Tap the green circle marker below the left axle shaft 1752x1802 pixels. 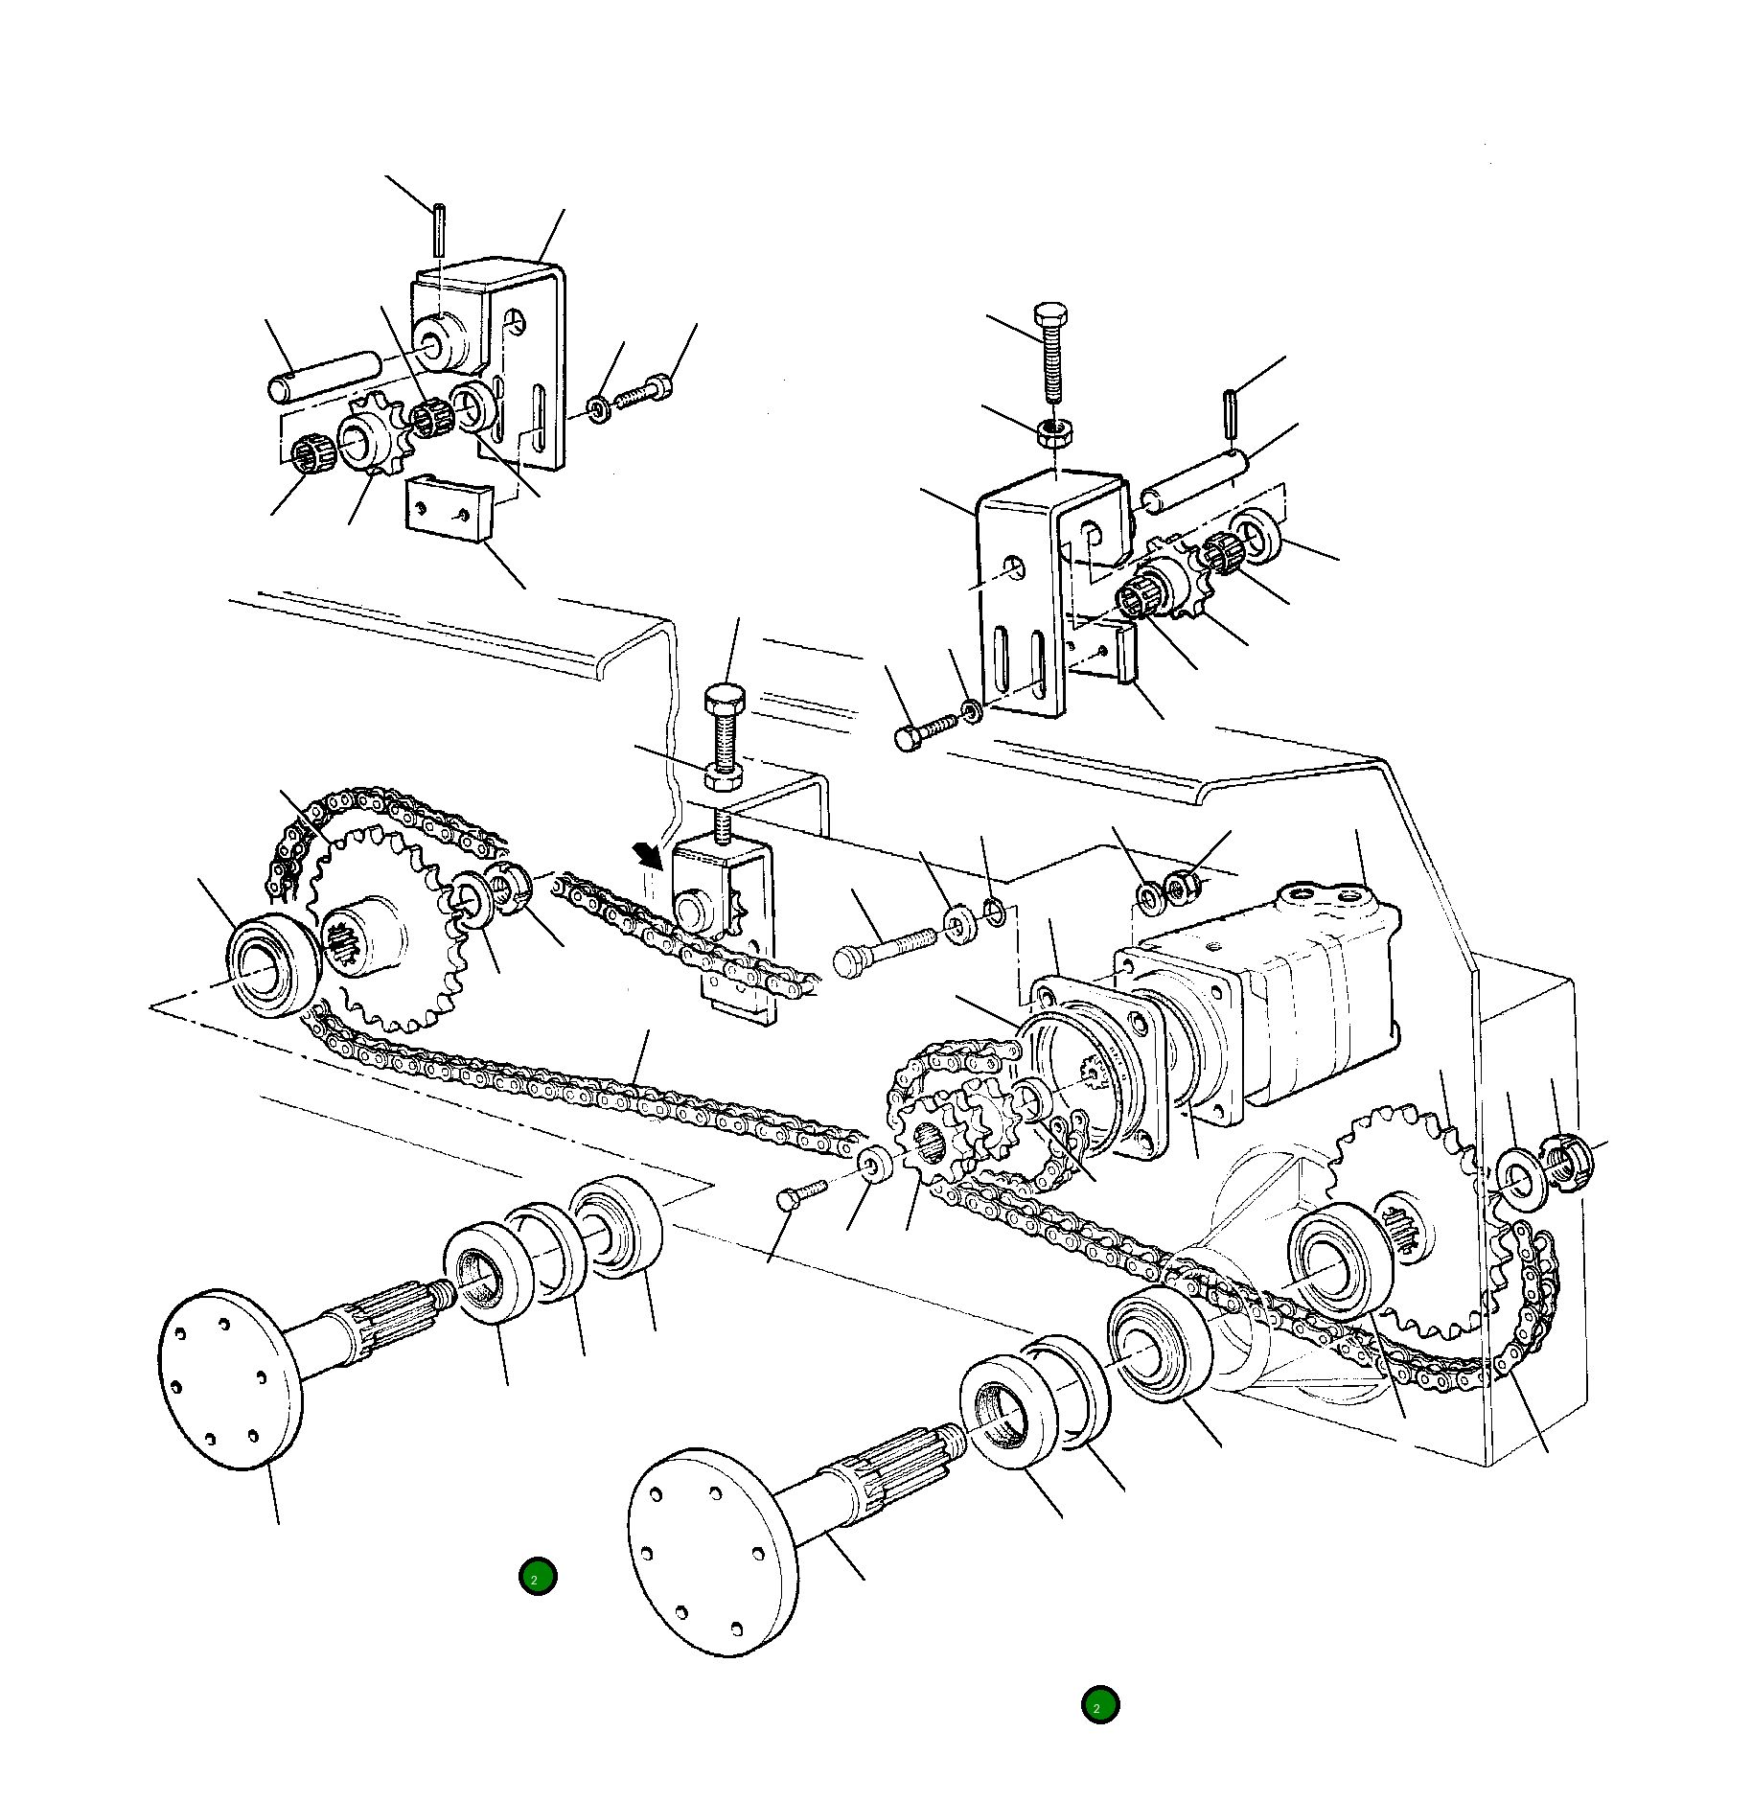(537, 1577)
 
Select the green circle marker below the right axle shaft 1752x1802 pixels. (1099, 1705)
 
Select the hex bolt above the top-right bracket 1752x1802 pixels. (1051, 355)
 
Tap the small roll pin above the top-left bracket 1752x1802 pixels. (439, 229)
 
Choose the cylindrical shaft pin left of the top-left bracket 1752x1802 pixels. (324, 377)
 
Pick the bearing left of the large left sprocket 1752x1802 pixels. (271, 964)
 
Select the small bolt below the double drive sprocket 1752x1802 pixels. (800, 1193)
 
